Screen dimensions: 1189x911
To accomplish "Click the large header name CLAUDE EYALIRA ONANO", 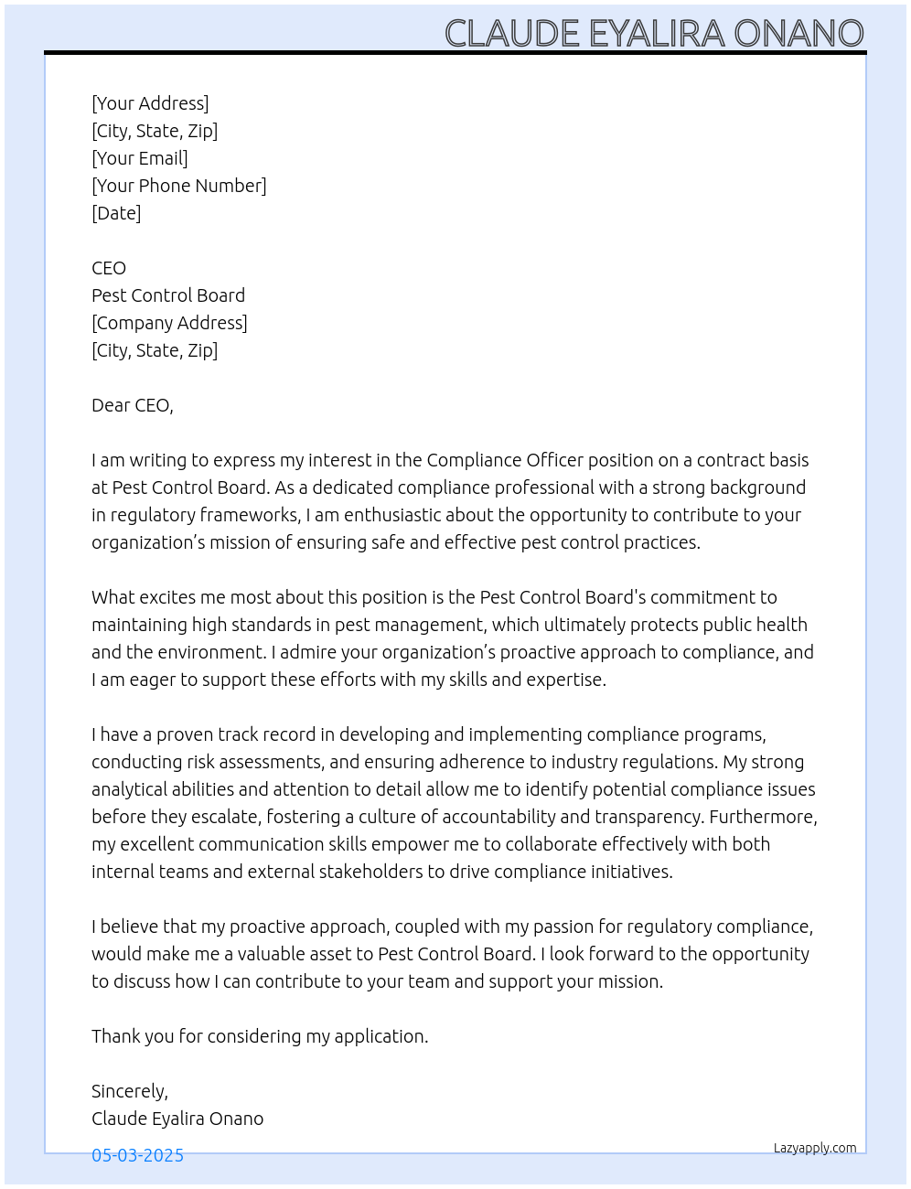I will [654, 34].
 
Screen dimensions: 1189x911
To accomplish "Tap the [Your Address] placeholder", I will [150, 103].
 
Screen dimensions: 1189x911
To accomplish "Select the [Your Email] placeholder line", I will [140, 158].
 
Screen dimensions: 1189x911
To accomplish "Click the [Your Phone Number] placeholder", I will [179, 186].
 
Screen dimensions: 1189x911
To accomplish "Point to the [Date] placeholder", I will [116, 213].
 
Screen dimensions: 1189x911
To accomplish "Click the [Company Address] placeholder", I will [169, 323].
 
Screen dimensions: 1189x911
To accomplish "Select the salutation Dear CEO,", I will [132, 405].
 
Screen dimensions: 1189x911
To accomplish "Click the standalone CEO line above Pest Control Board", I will [109, 268].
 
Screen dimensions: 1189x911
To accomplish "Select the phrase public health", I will [756, 625].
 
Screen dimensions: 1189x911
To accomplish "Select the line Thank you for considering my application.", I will [260, 1036].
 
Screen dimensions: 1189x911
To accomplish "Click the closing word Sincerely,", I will [130, 1091].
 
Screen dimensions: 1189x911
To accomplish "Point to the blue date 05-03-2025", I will [137, 1155].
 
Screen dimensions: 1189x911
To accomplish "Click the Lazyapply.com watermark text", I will [815, 1148].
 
